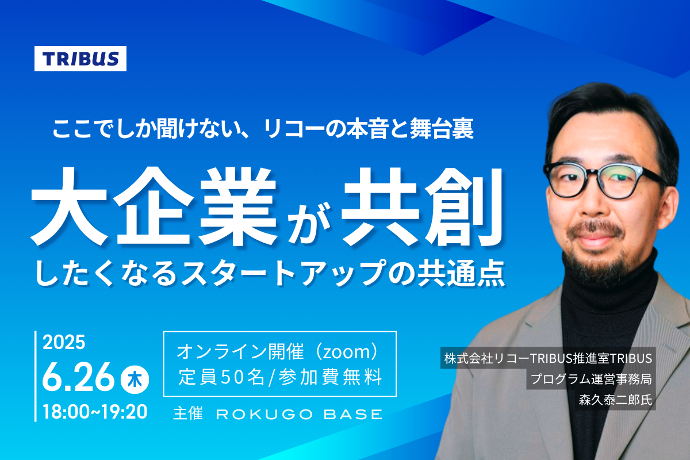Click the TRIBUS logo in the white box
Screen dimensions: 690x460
coord(80,59)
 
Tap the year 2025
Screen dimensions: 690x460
coord(64,342)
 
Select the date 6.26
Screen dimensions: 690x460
coord(78,378)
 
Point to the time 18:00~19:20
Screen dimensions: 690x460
coord(95,412)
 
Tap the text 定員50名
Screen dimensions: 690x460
coord(221,377)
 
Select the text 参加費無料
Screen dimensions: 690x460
coord(330,377)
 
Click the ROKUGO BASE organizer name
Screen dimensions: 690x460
coord(300,415)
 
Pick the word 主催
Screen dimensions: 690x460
coord(188,413)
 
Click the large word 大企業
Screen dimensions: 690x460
coord(154,206)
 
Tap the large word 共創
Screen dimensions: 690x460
coord(423,206)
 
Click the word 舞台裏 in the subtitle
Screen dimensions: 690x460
coord(442,129)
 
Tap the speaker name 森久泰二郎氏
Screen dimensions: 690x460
coord(615,400)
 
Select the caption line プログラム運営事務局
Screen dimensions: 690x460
coord(592,379)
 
